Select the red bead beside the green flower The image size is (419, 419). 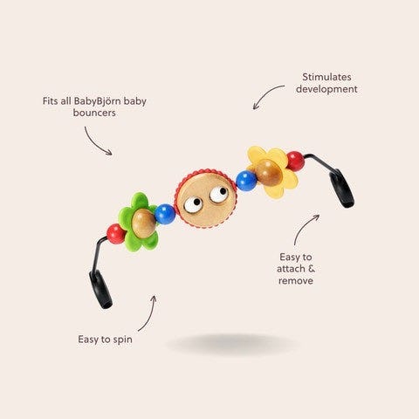115,234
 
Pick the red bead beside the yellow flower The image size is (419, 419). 296,161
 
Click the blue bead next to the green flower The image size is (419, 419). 165,214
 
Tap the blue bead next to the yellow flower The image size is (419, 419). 246,181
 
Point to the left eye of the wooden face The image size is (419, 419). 193,205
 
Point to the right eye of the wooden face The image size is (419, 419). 219,194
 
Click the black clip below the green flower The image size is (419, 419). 100,290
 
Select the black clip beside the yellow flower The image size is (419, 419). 341,189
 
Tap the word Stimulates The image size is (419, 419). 326,77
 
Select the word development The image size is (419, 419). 326,89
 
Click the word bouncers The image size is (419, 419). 94,113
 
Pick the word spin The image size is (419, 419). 123,340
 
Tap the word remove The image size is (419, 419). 296,281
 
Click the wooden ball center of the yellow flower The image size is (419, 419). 268,173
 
